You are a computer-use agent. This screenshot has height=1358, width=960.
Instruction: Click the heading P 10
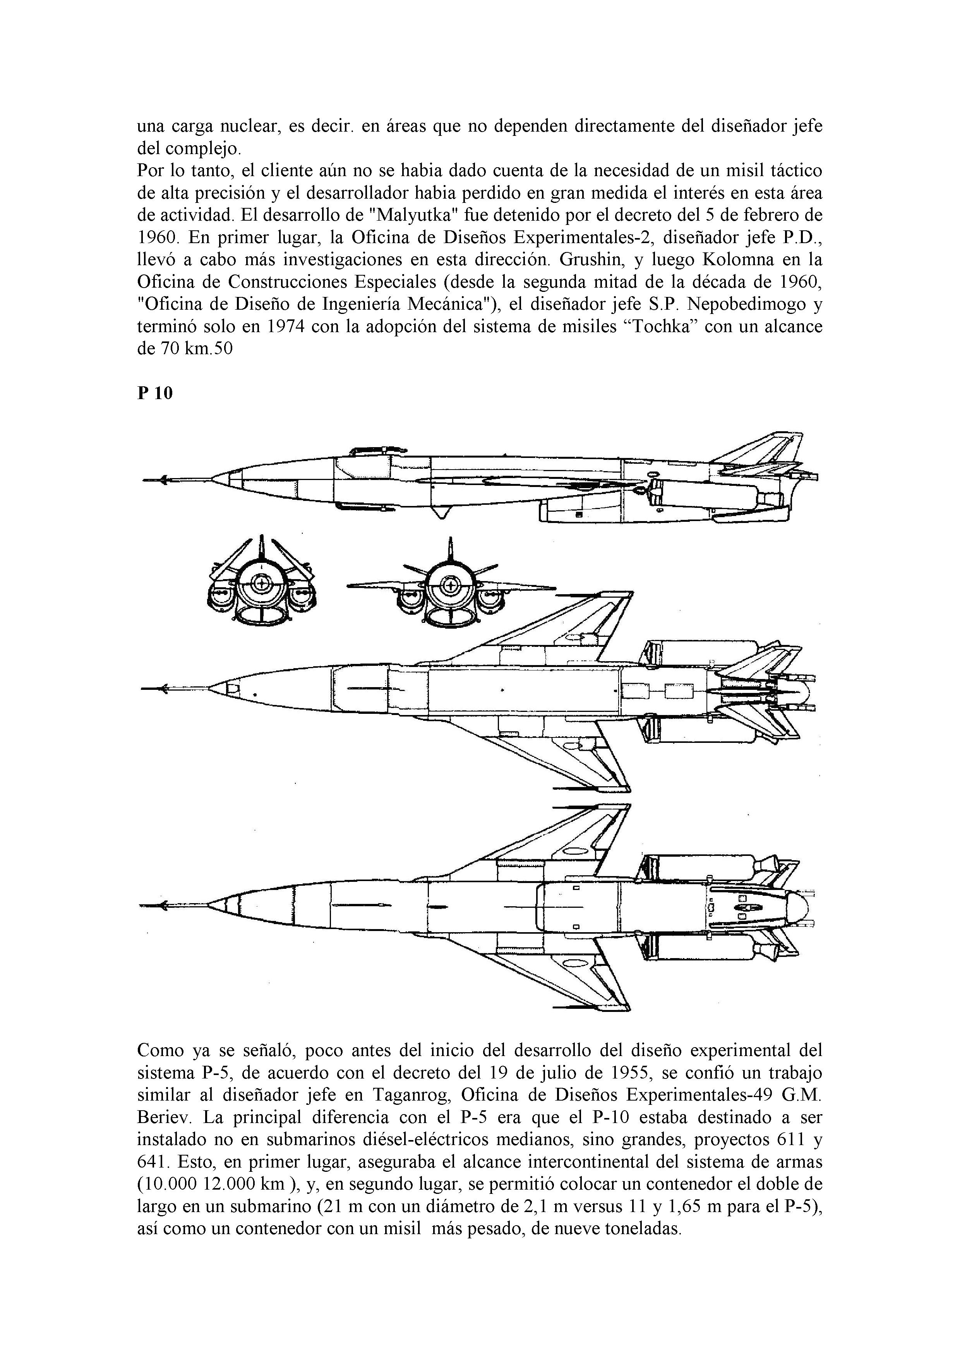coord(155,393)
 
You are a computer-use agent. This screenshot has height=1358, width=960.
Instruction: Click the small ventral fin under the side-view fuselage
coord(438,512)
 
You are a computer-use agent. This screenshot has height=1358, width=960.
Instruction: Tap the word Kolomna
coord(756,260)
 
